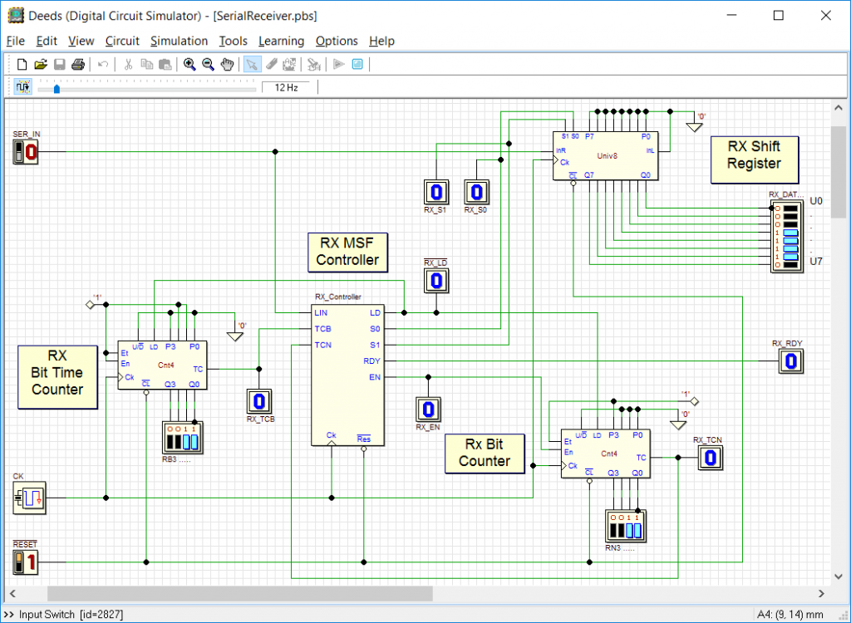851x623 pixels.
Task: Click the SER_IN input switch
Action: pos(26,152)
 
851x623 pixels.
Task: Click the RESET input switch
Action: pos(26,562)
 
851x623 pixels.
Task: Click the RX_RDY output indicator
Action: pos(792,361)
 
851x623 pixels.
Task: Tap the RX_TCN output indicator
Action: pos(709,458)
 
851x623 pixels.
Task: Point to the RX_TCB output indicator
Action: pos(259,401)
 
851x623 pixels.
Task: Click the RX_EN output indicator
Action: pos(428,410)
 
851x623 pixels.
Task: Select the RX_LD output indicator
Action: pos(435,281)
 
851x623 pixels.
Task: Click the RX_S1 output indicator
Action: pos(435,193)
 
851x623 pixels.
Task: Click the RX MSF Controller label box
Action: pos(347,252)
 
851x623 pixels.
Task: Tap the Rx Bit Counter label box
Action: pos(485,453)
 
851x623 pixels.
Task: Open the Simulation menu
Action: pos(179,41)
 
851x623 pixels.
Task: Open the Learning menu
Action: pos(281,41)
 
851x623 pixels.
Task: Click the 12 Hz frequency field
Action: pos(286,87)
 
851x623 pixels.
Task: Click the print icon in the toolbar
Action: pos(78,64)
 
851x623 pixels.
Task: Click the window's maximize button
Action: pos(778,15)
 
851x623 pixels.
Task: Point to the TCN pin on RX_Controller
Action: pos(323,345)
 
